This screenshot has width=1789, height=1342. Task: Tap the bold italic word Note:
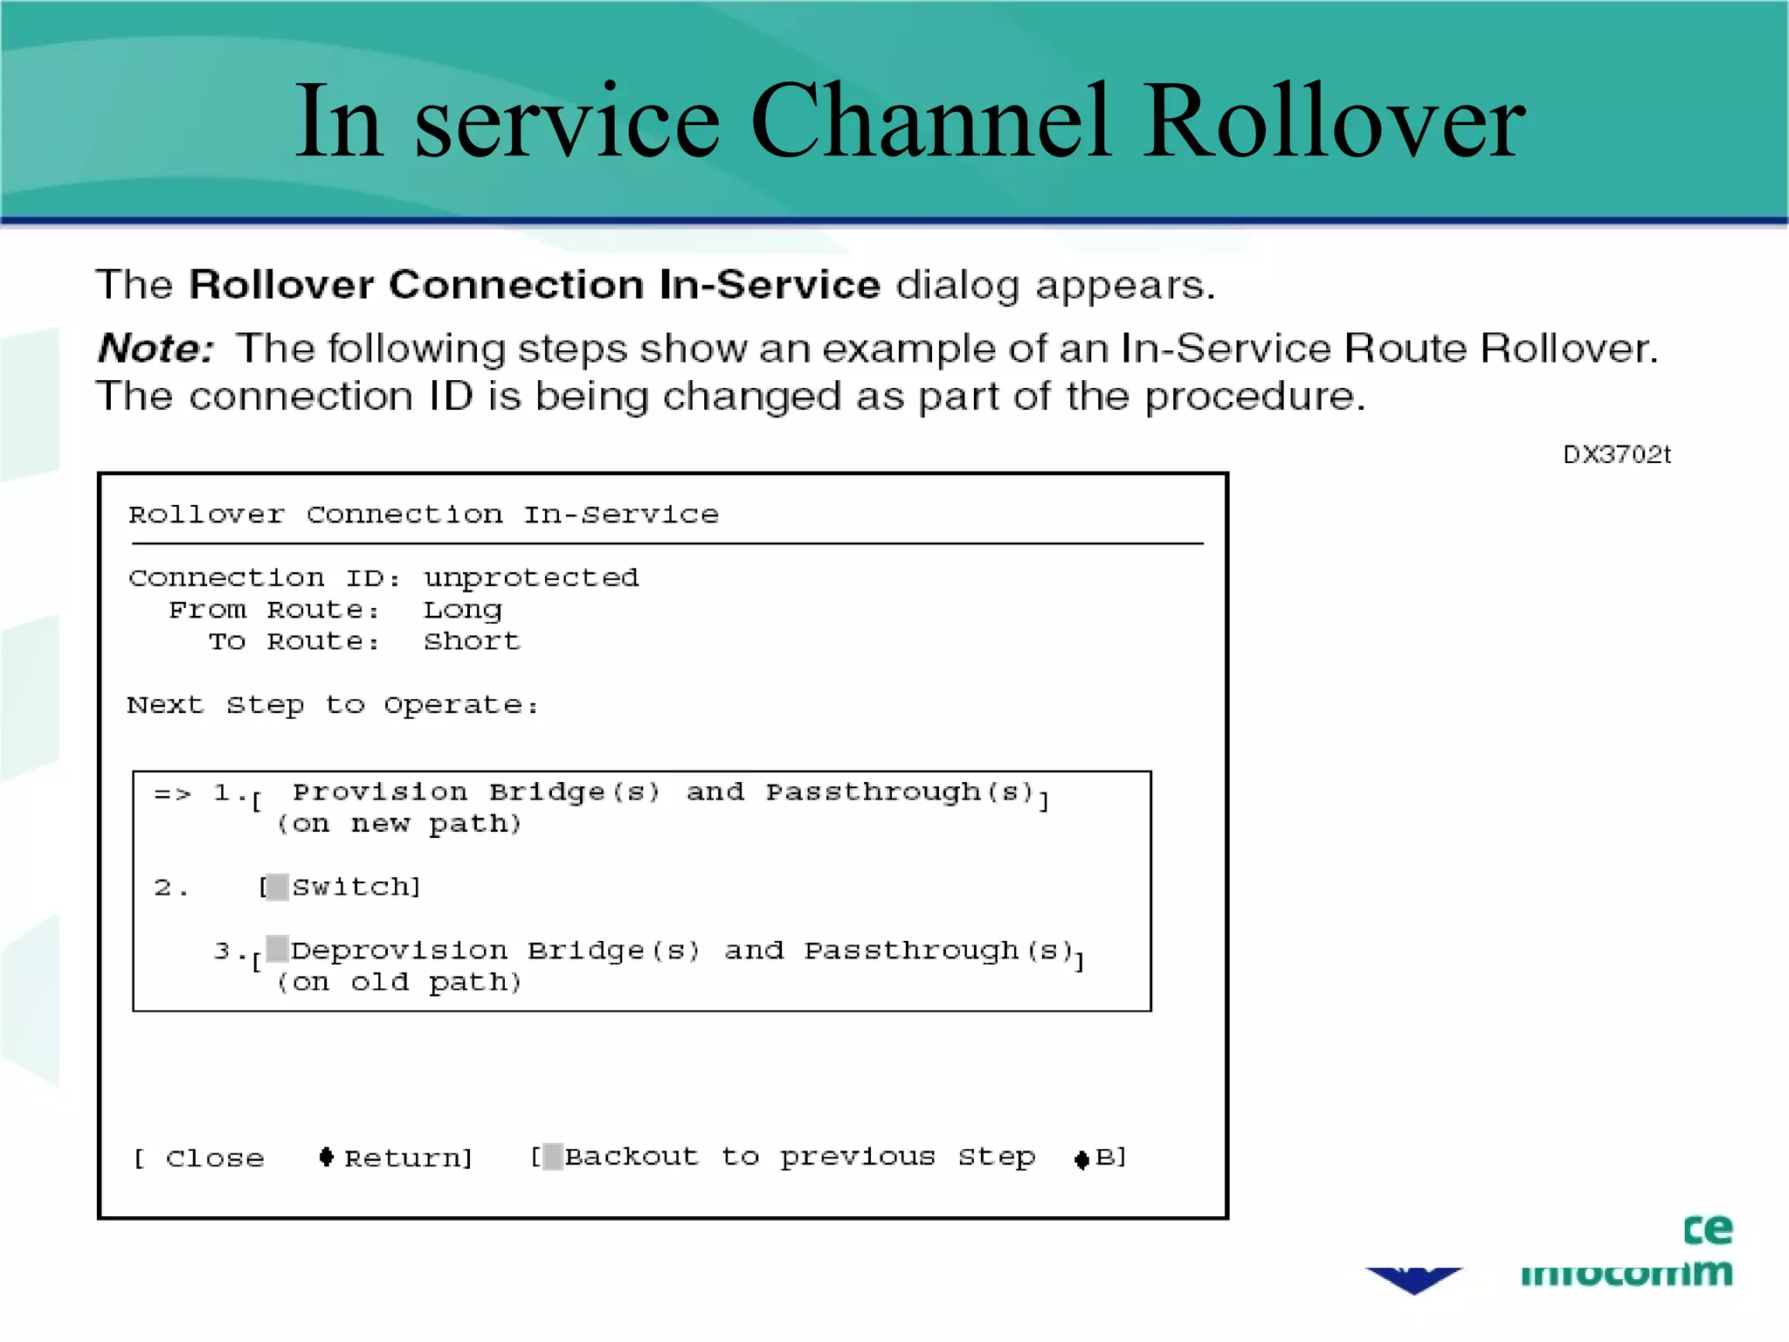(155, 348)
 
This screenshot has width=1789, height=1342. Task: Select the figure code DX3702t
(1616, 454)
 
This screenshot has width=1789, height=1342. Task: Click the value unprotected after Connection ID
(531, 578)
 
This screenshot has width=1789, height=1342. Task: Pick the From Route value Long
(463, 610)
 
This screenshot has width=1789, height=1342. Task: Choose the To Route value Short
(472, 641)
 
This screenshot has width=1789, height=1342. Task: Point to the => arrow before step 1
(172, 793)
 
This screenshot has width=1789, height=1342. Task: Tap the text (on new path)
(399, 824)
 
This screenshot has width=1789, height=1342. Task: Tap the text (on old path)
(399, 982)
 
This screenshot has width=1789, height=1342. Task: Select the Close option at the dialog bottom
(215, 1159)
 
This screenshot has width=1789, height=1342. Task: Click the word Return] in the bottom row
(408, 1159)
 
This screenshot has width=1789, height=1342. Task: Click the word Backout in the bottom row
(632, 1157)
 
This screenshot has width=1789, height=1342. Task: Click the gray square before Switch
(277, 887)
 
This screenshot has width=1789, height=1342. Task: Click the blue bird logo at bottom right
(1413, 1279)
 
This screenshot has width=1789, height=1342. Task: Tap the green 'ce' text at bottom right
(1707, 1229)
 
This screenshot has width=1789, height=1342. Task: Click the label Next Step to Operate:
(332, 705)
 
